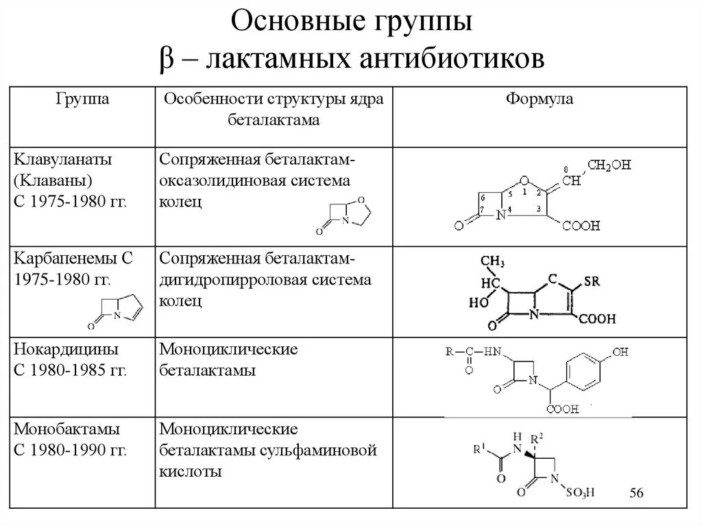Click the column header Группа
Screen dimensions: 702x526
coord(82,100)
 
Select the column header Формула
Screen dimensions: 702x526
coord(540,100)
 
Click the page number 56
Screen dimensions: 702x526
coord(638,493)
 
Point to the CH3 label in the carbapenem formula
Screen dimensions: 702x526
coord(492,262)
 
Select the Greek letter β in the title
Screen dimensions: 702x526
coord(167,59)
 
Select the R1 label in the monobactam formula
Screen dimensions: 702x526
coord(480,450)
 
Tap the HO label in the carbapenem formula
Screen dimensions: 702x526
coord(477,302)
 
